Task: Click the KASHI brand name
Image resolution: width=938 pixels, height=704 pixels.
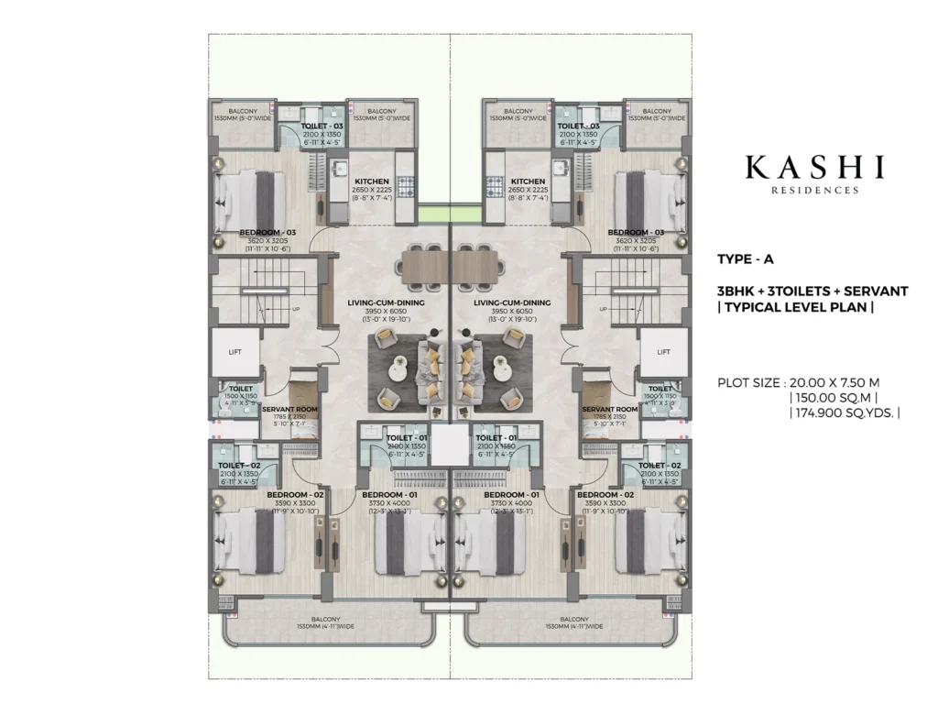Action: click(814, 167)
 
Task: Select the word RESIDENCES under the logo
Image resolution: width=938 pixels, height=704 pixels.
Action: click(814, 191)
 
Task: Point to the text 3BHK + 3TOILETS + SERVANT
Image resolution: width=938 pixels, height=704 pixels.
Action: click(813, 291)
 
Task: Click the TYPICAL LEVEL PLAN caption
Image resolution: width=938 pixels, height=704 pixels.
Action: click(796, 308)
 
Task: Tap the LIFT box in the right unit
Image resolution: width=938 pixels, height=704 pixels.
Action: click(663, 351)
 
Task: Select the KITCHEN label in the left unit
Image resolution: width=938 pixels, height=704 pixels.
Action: click(372, 181)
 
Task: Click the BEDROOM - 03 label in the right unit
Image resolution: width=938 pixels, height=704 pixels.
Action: click(635, 233)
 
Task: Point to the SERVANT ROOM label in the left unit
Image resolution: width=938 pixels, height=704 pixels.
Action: click(289, 409)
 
